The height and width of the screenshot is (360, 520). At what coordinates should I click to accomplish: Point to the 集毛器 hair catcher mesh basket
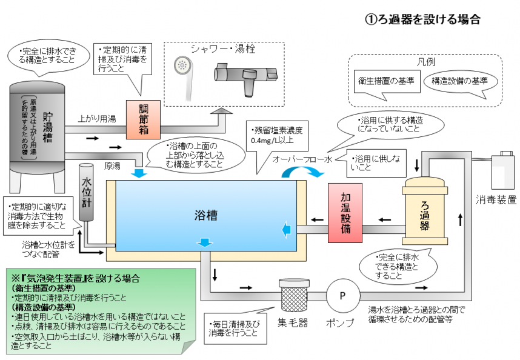pos(293,295)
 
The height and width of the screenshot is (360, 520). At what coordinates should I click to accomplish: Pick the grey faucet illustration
pos(245,78)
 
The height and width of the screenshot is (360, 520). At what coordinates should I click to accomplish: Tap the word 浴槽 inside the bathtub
pos(206,215)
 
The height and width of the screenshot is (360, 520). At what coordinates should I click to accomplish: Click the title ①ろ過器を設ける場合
pos(422,19)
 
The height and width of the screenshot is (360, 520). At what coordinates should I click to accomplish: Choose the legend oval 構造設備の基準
pos(460,81)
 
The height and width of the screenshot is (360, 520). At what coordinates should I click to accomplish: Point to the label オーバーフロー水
pos(302,159)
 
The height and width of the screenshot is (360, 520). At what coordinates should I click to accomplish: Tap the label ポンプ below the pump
pos(341,322)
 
